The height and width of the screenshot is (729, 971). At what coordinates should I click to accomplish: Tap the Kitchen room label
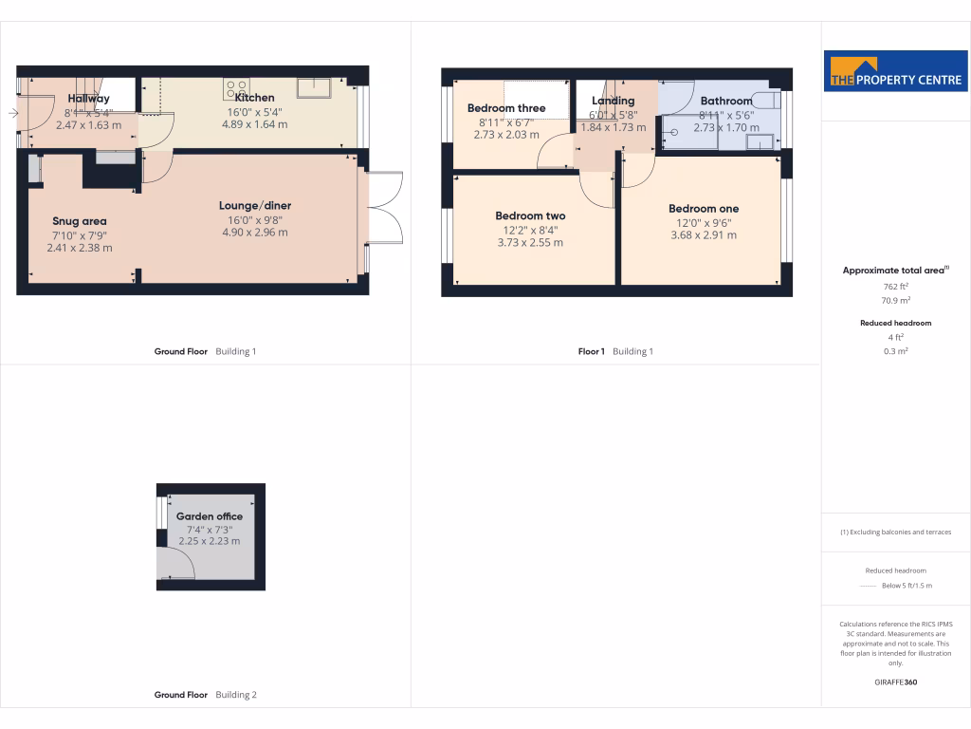click(254, 98)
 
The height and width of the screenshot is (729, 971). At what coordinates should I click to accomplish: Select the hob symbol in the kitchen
click(235, 89)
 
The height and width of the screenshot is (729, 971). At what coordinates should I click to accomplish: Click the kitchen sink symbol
click(313, 88)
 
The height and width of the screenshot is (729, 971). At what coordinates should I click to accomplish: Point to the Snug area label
click(80, 221)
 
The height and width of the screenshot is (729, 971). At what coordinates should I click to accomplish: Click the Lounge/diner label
click(254, 205)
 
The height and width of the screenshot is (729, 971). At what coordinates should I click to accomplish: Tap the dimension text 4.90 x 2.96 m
click(254, 233)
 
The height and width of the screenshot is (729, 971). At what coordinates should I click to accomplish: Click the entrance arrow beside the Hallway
click(11, 114)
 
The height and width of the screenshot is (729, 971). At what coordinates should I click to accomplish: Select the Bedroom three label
click(506, 108)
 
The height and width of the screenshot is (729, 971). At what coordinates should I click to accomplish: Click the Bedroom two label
click(530, 216)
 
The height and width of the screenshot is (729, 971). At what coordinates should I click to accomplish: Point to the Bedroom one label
click(704, 209)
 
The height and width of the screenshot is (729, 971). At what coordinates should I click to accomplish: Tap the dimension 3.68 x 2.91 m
click(704, 235)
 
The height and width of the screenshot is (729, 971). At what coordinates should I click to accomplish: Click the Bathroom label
click(726, 101)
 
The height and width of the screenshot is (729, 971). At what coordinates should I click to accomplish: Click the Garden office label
click(210, 516)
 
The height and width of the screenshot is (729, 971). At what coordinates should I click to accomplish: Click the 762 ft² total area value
click(895, 285)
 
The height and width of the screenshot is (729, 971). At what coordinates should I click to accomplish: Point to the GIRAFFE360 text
click(895, 682)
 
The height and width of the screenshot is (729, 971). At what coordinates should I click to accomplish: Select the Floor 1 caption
click(591, 351)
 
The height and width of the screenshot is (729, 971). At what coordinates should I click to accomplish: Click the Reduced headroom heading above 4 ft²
click(895, 323)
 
